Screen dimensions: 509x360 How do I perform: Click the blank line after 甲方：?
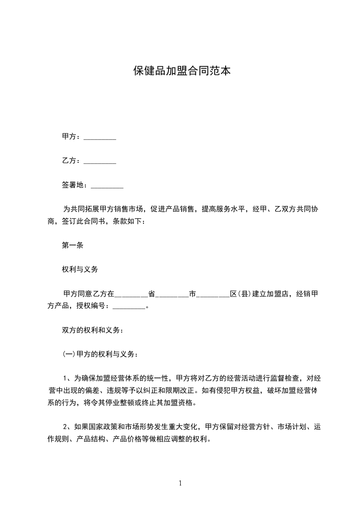(100, 137)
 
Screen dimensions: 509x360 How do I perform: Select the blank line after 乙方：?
(100, 161)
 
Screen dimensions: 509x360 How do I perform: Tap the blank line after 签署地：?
(107, 185)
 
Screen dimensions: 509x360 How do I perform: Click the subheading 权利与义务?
(80, 269)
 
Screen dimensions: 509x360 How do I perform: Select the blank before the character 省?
(132, 294)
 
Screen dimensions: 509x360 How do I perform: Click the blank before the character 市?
(172, 294)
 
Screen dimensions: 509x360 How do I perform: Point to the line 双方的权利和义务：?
(93, 330)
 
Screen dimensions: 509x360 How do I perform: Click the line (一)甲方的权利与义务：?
(98, 354)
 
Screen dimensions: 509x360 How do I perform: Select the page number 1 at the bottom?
(180, 483)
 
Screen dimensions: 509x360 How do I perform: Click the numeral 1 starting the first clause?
(66, 378)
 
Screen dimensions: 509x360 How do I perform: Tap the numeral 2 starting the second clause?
(66, 427)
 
